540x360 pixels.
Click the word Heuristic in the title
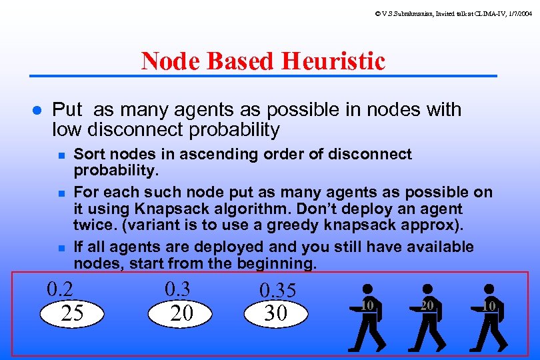click(x=333, y=61)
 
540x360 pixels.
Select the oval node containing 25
click(x=72, y=313)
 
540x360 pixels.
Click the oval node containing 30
click(x=276, y=313)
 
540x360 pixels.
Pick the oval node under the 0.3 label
click(x=181, y=313)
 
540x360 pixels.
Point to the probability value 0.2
click(x=59, y=290)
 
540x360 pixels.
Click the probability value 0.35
click(x=277, y=291)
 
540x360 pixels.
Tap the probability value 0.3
click(x=177, y=289)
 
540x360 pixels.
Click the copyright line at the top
click(x=453, y=13)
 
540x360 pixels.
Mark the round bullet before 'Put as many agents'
click(x=37, y=110)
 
